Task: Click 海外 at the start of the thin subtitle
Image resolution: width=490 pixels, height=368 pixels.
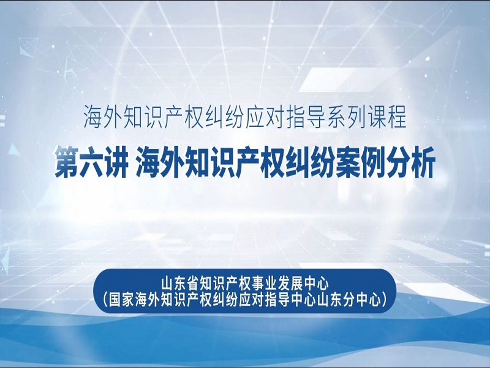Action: pyautogui.click(x=103, y=117)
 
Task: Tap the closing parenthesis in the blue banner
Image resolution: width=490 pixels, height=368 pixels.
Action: pyautogui.click(x=385, y=300)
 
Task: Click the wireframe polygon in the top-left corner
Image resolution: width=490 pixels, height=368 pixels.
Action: pyautogui.click(x=28, y=47)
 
